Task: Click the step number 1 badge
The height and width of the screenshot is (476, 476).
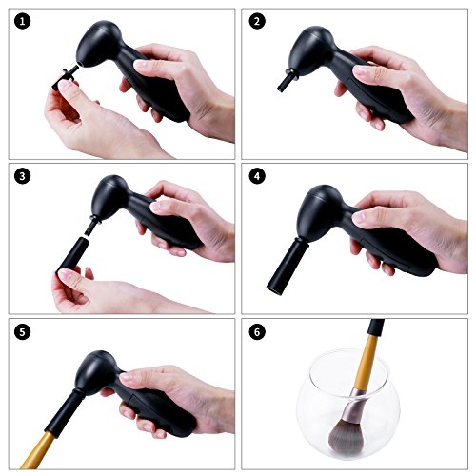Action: point(22,21)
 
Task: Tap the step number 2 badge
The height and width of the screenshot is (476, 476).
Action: point(257,21)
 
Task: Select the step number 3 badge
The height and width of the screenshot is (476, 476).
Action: point(22,176)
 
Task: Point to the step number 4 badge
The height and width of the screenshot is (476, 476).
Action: point(257,176)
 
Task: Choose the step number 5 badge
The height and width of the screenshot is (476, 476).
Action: point(22,332)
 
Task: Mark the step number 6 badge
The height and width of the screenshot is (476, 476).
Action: point(257,332)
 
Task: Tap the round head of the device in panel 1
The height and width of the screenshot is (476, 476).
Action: point(98,43)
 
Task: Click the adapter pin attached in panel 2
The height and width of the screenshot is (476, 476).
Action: point(288,80)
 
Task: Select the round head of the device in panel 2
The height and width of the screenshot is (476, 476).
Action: point(309,50)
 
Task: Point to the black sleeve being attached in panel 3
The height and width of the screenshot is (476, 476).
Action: point(73,254)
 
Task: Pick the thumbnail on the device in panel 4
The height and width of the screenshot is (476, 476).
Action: point(359,218)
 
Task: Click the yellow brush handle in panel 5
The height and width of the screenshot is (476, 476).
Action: point(38,450)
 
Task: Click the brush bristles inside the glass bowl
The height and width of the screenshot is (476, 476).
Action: point(345,435)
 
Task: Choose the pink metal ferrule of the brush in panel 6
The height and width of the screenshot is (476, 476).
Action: point(352,403)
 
